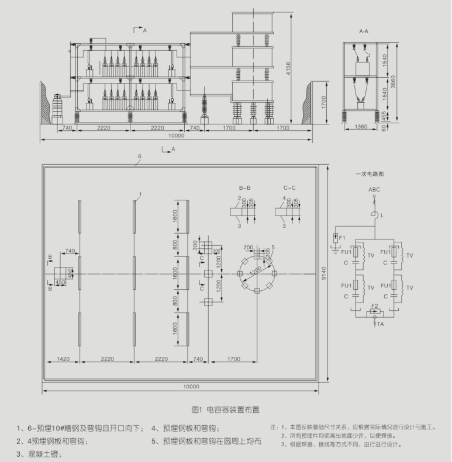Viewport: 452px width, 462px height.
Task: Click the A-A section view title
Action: click(364, 30)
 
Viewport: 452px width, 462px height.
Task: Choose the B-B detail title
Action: click(244, 188)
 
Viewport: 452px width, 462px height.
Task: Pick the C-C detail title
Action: click(289, 188)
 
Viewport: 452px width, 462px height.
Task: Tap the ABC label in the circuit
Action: click(374, 190)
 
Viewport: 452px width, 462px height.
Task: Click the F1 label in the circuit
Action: click(343, 238)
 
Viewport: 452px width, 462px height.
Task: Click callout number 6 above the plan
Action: click(139, 157)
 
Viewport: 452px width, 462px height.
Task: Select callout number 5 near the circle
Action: click(272, 248)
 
